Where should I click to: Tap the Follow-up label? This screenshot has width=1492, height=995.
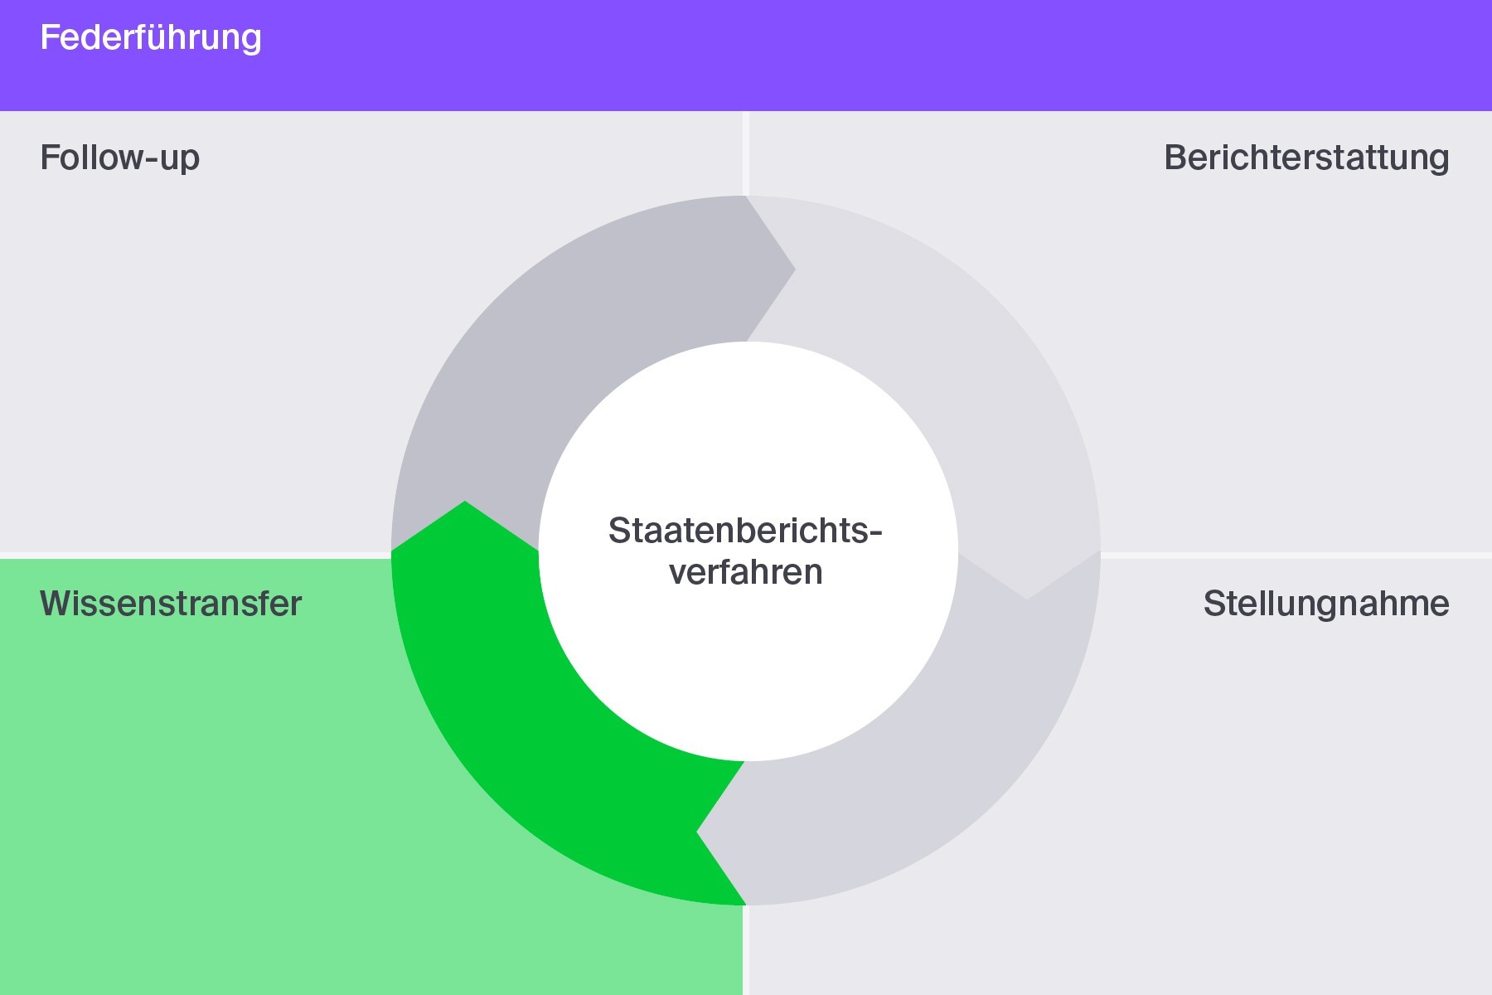point(120,158)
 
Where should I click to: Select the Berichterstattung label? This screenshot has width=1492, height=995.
point(1307,158)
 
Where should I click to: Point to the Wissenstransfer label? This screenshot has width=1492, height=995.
point(171,604)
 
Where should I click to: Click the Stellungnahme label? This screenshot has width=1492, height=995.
point(1326,604)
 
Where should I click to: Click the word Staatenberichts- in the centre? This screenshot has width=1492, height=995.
point(745,531)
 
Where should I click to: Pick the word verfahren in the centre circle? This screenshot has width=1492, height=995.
point(746,572)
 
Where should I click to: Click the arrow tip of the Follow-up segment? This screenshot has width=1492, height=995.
point(795,269)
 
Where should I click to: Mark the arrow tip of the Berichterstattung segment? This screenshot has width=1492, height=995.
point(1028,599)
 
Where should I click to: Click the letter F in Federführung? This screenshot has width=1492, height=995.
point(50,37)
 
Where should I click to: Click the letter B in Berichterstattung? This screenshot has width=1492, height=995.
point(1175,158)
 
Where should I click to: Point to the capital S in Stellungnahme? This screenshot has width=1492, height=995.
point(1214,604)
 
